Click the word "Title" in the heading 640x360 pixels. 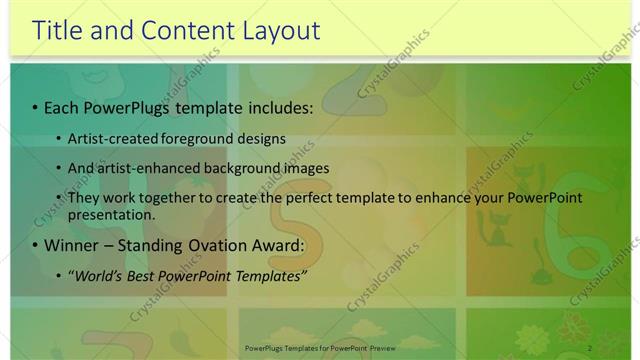(59, 30)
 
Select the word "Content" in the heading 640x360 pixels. (178, 30)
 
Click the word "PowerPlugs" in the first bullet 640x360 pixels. (124, 106)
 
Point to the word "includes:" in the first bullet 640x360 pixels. (278, 106)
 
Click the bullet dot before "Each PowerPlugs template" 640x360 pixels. (36, 107)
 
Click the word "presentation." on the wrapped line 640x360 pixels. (112, 215)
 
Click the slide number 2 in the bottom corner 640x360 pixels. (590, 347)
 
